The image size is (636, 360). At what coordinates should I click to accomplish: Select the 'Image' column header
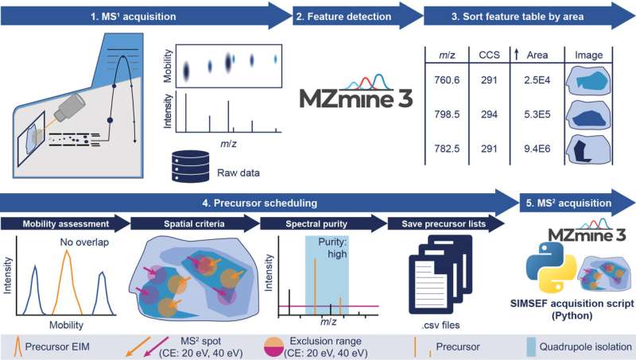589,54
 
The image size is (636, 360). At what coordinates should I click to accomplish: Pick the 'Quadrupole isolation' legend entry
586,346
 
